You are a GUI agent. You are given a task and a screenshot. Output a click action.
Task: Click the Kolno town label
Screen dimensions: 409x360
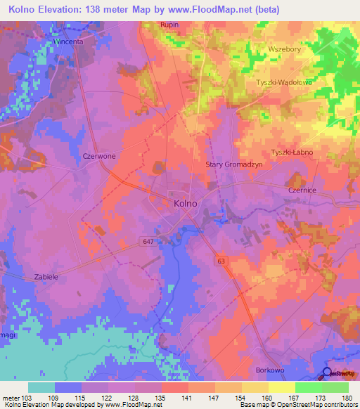click(x=184, y=203)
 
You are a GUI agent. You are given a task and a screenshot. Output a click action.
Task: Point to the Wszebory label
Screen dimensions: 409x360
click(x=284, y=50)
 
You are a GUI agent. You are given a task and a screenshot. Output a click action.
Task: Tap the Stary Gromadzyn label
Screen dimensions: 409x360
click(x=233, y=164)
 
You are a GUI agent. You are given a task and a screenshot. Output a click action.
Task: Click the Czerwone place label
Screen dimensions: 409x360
click(x=98, y=156)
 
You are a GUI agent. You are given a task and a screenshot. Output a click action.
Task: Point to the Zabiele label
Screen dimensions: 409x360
click(x=46, y=277)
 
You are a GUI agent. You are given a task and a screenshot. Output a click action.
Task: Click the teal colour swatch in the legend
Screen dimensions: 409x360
click(x=41, y=387)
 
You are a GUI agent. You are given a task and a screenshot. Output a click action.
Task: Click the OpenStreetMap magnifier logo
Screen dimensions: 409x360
click(x=327, y=373)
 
